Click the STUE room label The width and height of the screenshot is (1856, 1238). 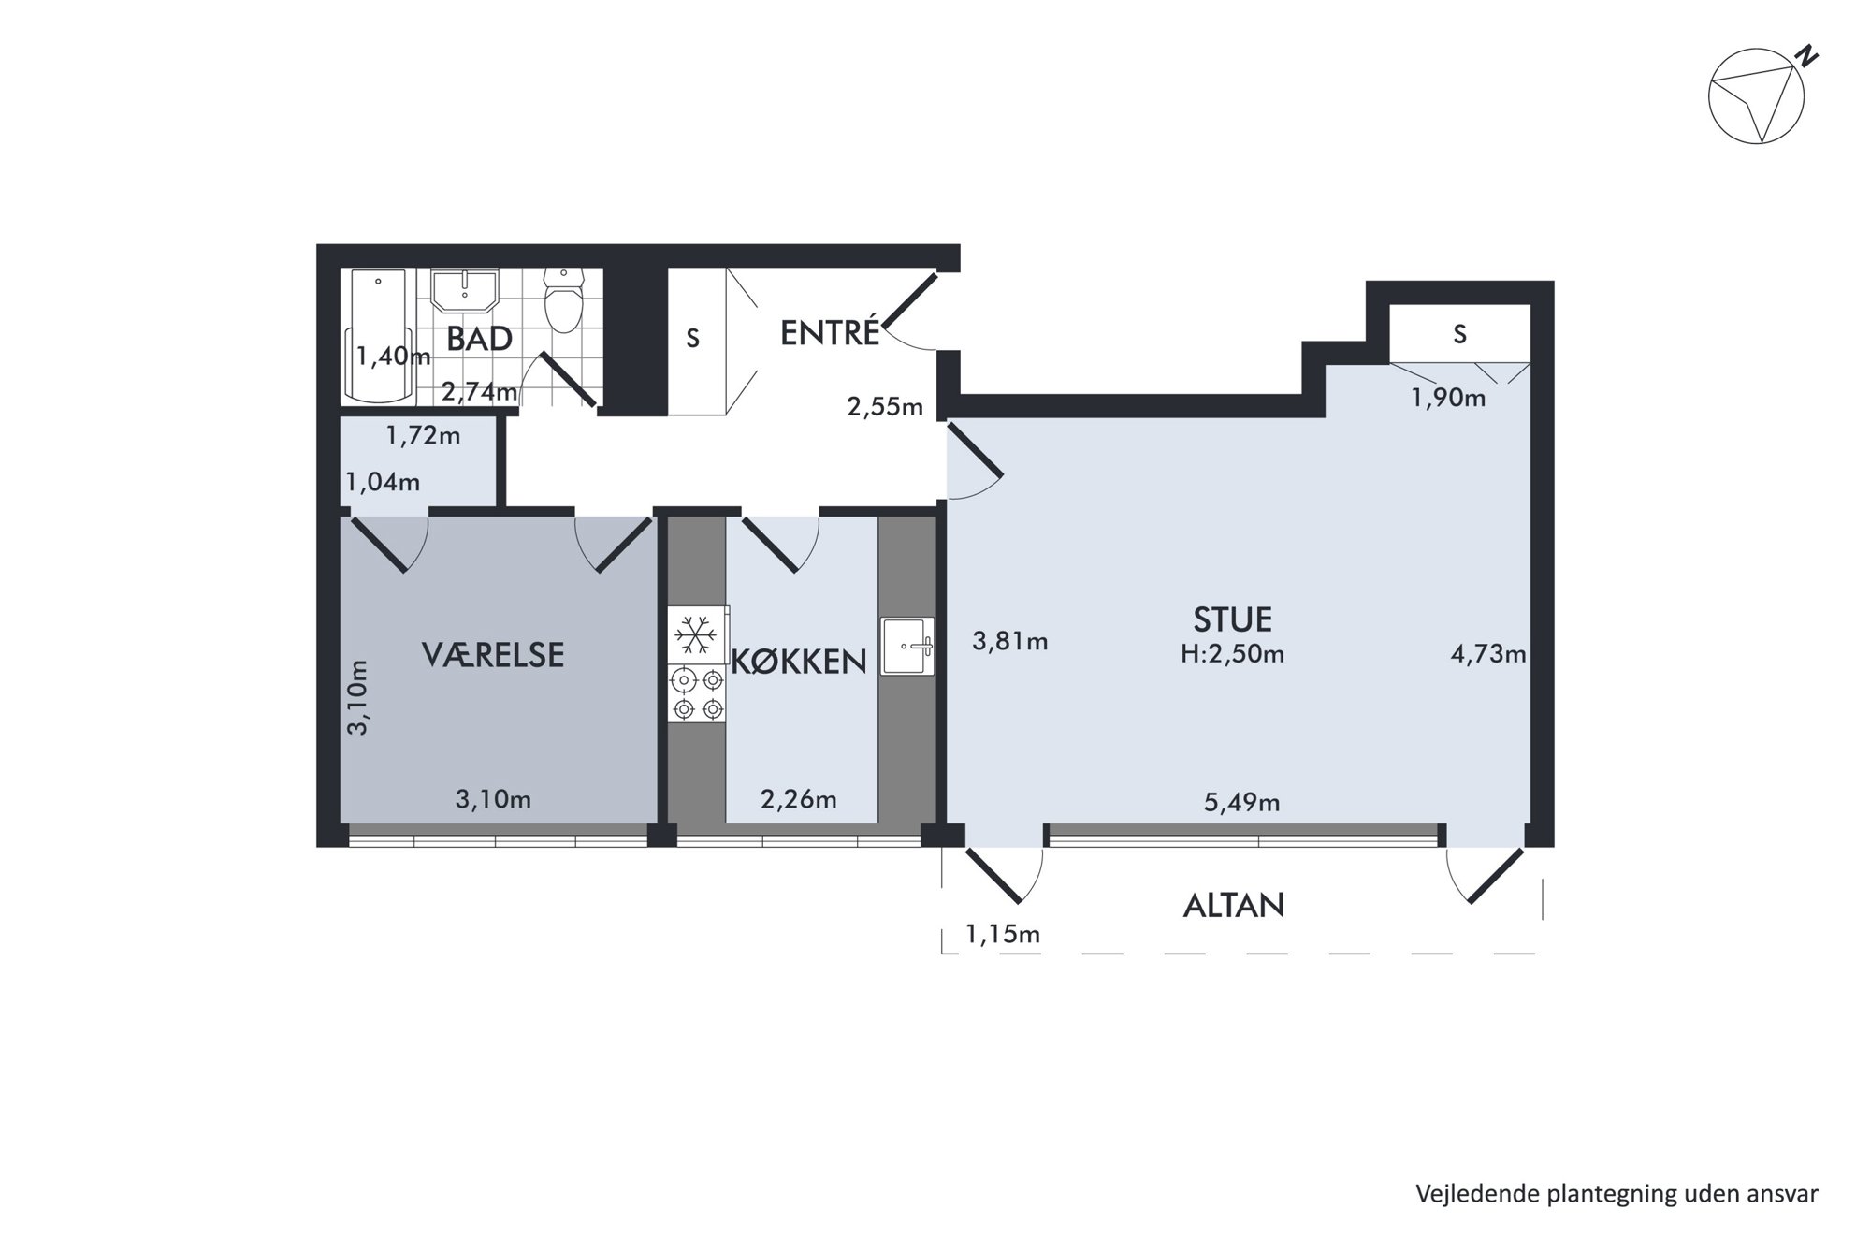[1232, 619]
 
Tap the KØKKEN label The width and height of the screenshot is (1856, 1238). [799, 662]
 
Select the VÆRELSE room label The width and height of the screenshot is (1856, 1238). [493, 654]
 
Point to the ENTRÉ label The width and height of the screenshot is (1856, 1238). [830, 332]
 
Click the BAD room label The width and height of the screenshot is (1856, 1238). [479, 339]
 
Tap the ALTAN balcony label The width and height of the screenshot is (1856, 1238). [1234, 905]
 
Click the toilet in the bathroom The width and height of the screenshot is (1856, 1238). [563, 300]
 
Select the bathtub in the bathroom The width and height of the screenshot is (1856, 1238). [378, 337]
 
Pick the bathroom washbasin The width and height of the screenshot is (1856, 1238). [465, 291]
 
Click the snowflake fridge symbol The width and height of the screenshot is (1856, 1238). [696, 636]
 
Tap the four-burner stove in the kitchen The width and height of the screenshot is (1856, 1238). [698, 693]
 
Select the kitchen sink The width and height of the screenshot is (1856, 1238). [907, 646]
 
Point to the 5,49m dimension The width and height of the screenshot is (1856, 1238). [1241, 802]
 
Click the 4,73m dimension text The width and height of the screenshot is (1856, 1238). [1487, 654]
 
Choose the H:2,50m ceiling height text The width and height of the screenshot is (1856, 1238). [1232, 654]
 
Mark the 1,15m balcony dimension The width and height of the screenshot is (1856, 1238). [1003, 934]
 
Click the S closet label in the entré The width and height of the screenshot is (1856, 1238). [692, 338]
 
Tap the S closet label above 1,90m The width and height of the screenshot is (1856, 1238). [1459, 333]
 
